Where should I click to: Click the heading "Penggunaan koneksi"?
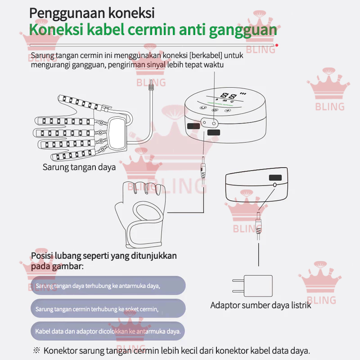[92, 13]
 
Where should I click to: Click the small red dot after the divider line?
[277, 45]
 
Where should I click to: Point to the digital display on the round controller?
[229, 96]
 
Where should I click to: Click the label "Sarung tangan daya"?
[79, 167]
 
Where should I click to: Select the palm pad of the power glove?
[117, 133]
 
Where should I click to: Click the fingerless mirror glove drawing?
[140, 214]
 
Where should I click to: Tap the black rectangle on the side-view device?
[275, 177]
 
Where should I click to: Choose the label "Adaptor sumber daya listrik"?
[261, 306]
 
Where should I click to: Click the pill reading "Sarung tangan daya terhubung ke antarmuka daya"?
[108, 285]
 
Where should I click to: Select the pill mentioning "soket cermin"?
[108, 308]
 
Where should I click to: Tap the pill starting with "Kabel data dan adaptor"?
[108, 331]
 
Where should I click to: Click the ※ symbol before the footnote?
[36, 351]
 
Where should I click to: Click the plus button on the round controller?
[227, 111]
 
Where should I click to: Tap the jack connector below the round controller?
[203, 167]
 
